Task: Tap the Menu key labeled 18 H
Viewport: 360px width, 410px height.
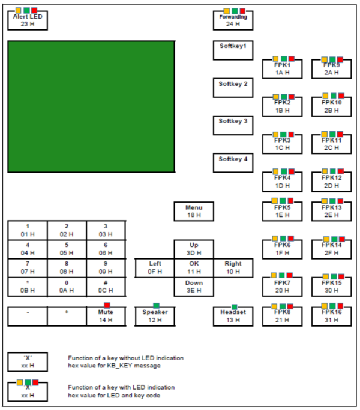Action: click(x=194, y=212)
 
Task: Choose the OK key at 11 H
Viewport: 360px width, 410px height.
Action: click(x=194, y=268)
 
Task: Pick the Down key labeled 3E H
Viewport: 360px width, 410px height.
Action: click(x=194, y=287)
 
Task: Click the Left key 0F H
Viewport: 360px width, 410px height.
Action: click(x=155, y=268)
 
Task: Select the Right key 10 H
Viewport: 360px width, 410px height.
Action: click(x=233, y=268)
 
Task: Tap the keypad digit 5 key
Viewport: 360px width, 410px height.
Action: click(x=67, y=249)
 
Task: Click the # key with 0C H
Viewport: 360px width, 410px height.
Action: click(x=106, y=286)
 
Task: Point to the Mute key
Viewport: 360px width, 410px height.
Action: click(x=106, y=316)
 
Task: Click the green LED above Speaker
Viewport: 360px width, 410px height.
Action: click(x=156, y=306)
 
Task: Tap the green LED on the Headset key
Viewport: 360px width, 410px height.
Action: click(x=234, y=306)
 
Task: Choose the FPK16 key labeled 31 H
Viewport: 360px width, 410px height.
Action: click(x=331, y=316)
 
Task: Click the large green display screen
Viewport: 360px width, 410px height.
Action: click(x=91, y=107)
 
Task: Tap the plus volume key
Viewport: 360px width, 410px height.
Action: click(x=67, y=316)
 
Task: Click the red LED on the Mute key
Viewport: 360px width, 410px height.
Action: click(x=107, y=305)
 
